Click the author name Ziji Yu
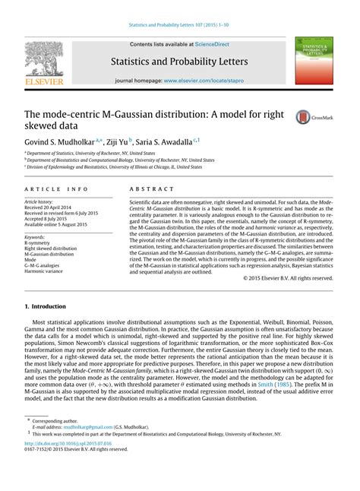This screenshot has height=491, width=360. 116,141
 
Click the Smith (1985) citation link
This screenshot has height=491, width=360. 277,385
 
